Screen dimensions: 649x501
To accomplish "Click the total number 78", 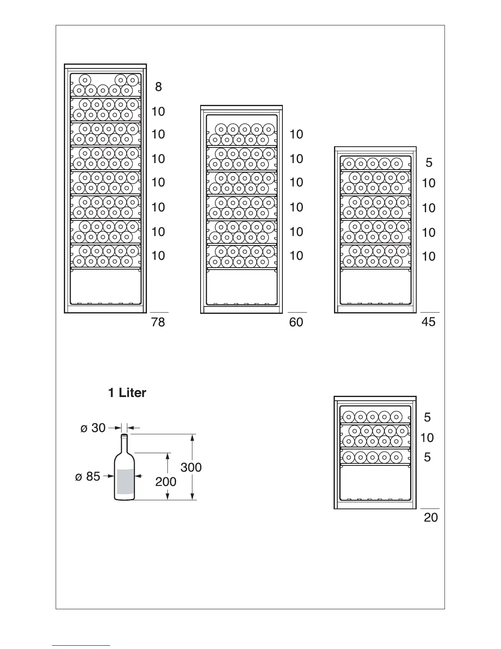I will coord(158,322).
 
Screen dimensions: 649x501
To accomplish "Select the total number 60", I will coord(296,322).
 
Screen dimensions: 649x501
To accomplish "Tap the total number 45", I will coord(429,322).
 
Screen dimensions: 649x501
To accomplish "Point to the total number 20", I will coord(431,518).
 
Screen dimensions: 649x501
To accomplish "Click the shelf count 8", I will coord(158,87).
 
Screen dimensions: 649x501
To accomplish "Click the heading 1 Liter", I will coord(127,393).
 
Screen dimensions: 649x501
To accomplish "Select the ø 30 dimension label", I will coord(93,428).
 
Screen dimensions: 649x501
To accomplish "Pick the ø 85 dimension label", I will coord(88,477).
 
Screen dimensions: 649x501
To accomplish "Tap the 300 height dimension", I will coord(191,467).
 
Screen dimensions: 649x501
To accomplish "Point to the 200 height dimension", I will coord(166,482).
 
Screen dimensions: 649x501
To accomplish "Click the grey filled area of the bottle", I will coord(125,482).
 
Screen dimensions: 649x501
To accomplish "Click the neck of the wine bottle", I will coord(124,442).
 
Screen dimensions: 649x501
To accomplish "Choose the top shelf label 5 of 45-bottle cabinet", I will coord(429,163).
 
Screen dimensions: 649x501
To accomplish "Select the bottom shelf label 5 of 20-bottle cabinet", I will coord(427,457).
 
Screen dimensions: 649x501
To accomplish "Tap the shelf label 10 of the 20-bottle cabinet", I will coord(427,438).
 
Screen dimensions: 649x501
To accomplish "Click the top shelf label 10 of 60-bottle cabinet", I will coord(296,134).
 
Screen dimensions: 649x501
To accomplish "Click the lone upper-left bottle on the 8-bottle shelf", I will coord(85,80).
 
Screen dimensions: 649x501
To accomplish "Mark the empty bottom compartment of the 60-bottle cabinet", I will coord(241,286).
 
